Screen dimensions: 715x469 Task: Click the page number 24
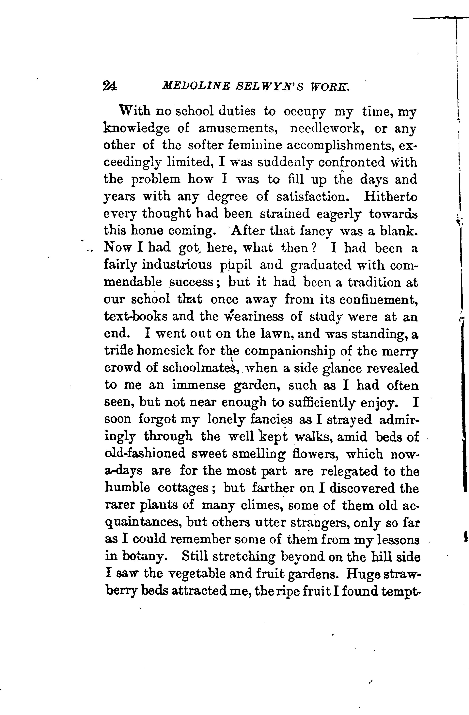[x=110, y=86]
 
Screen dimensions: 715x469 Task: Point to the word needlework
[x=328, y=129]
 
